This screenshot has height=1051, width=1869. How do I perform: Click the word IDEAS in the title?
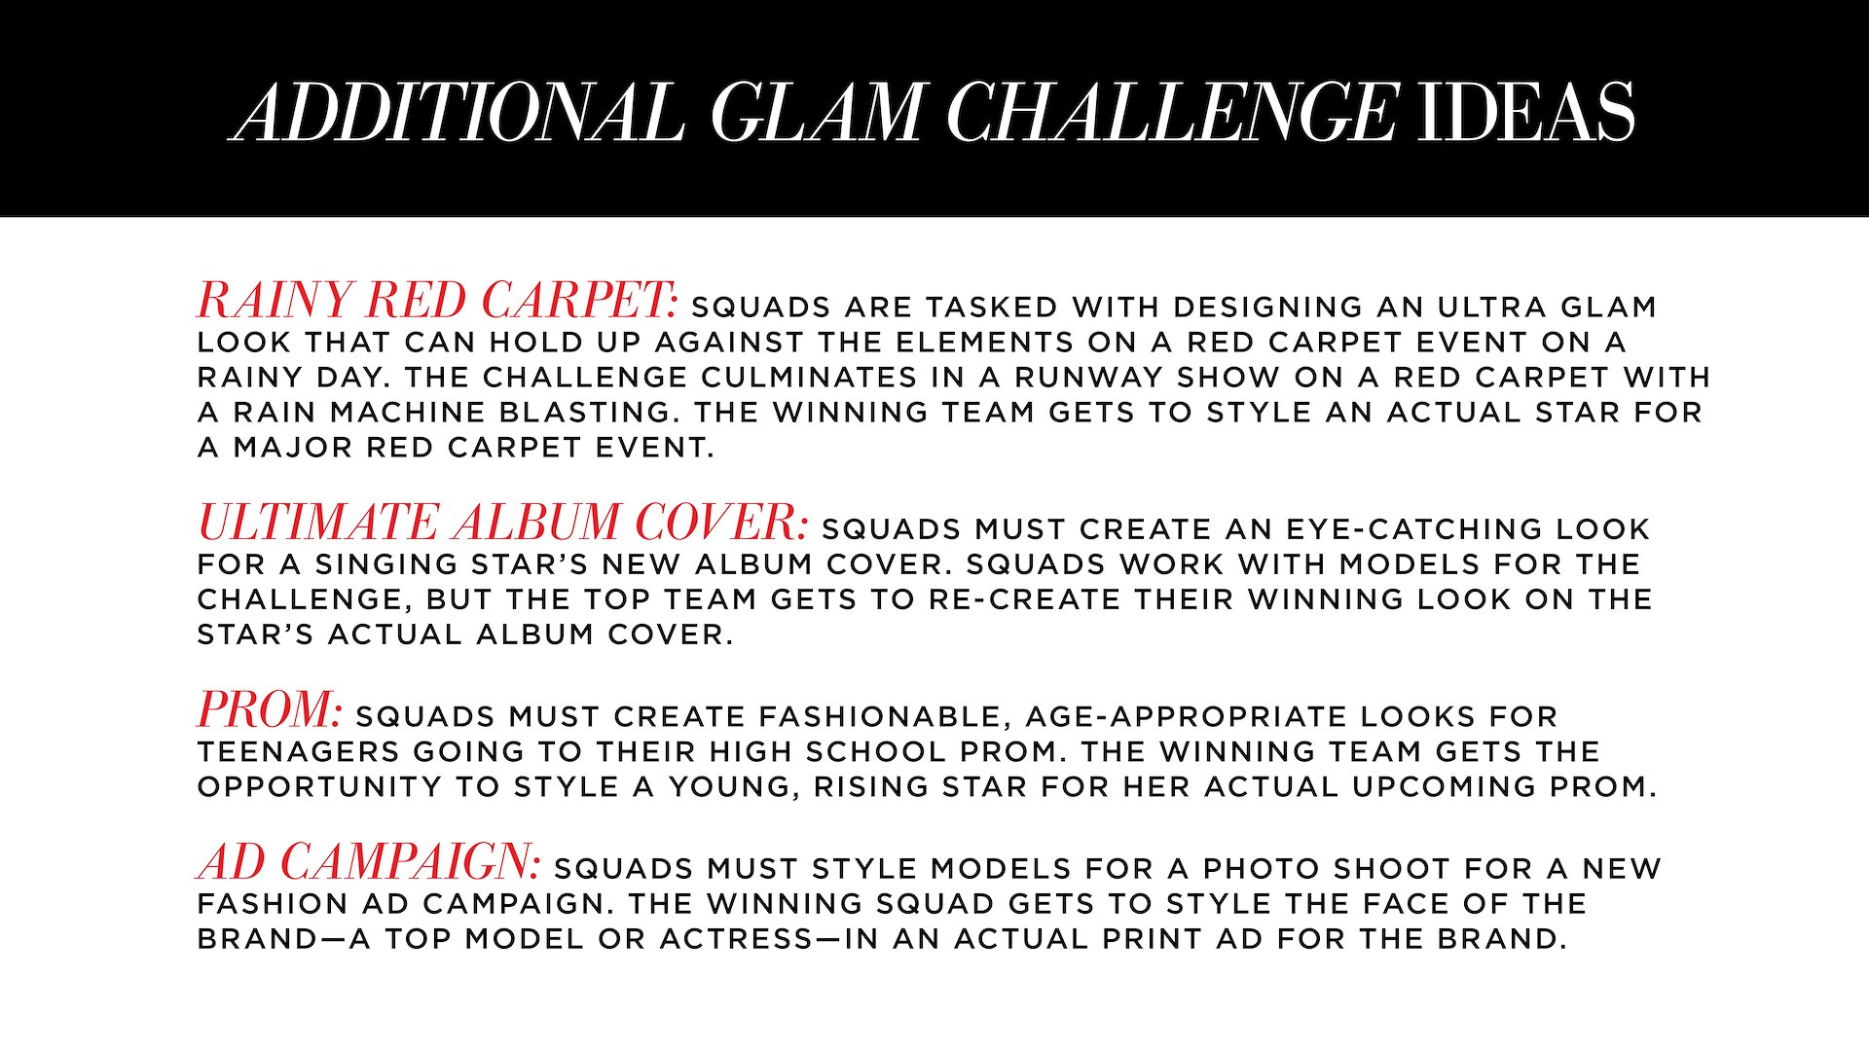(1525, 111)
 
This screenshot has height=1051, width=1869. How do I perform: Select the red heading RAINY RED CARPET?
(437, 300)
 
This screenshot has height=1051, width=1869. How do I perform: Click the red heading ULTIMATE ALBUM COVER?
(502, 522)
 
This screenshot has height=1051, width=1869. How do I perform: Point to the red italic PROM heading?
(270, 709)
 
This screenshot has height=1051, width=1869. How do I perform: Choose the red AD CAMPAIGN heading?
(369, 861)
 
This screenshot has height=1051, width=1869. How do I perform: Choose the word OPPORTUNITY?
(326, 787)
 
